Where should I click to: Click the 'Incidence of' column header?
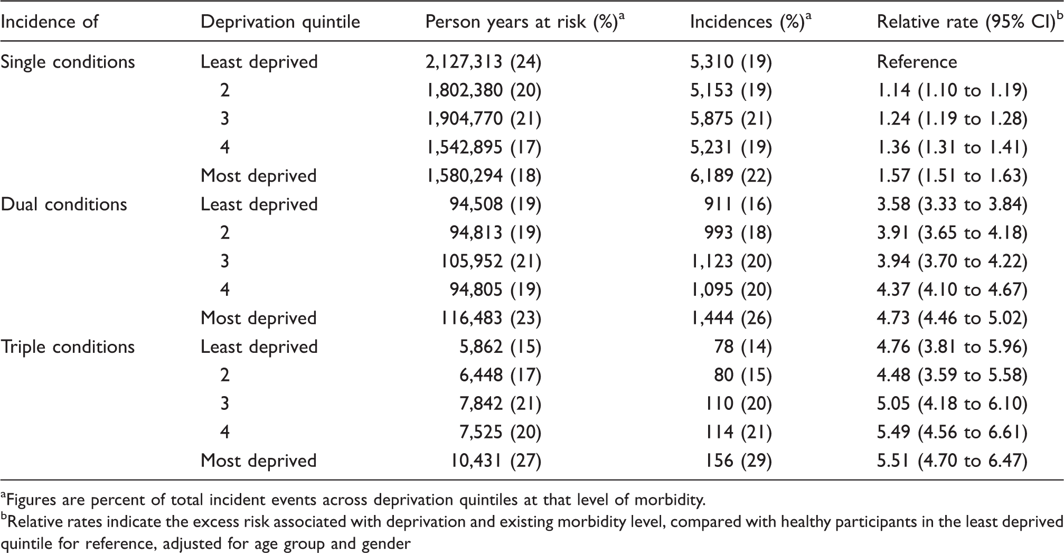pyautogui.click(x=50, y=22)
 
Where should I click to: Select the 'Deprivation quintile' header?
pyautogui.click(x=280, y=22)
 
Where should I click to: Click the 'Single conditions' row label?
pyautogui.click(x=68, y=62)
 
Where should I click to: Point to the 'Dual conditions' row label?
pyautogui.click(x=64, y=204)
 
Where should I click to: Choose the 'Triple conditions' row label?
pyautogui.click(x=68, y=347)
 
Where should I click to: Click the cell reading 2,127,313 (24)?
pyautogui.click(x=484, y=62)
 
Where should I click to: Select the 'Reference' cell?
pyautogui.click(x=917, y=62)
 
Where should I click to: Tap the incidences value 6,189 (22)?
pyautogui.click(x=731, y=176)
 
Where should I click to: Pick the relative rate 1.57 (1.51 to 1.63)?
pyautogui.click(x=953, y=176)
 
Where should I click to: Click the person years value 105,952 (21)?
pyautogui.click(x=491, y=261)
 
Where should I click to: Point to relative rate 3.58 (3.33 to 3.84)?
pyautogui.click(x=953, y=204)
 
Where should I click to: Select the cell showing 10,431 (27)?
pyautogui.click(x=496, y=461)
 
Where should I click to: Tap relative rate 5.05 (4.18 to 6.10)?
pyautogui.click(x=953, y=404)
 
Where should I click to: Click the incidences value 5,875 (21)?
pyautogui.click(x=731, y=119)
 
